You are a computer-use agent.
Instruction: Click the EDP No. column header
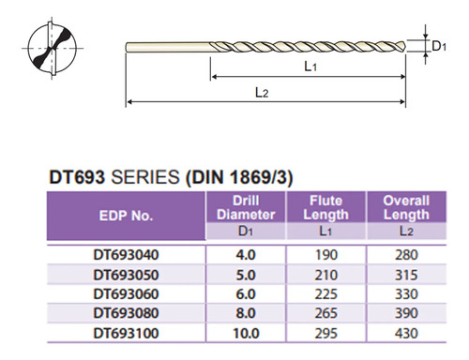(x=126, y=216)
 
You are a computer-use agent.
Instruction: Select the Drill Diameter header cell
(x=246, y=207)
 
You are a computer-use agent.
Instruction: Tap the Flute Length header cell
(x=325, y=207)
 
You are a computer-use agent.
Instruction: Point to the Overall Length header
(x=406, y=207)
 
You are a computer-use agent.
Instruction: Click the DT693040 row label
(x=126, y=255)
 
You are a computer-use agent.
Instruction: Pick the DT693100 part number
(x=126, y=333)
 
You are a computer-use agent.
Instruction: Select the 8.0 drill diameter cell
(x=246, y=313)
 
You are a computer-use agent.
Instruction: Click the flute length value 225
(x=325, y=294)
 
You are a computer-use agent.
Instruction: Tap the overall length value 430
(x=406, y=333)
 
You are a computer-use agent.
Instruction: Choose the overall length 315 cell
(x=406, y=275)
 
